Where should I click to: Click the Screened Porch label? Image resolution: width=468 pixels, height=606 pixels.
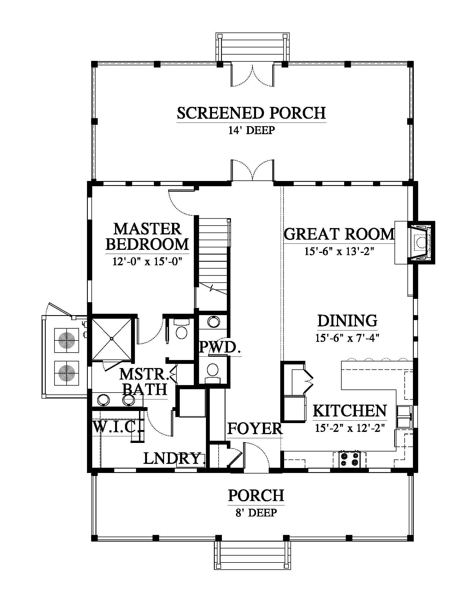point(251,113)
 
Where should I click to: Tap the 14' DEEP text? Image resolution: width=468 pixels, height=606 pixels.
point(251,130)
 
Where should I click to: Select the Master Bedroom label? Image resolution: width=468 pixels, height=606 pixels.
point(147,237)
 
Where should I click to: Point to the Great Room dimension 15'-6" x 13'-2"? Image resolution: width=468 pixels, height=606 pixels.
point(339,251)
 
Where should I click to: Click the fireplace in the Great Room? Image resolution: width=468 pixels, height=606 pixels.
point(421,242)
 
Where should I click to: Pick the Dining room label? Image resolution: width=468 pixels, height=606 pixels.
point(347,321)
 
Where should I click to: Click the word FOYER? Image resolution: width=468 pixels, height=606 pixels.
point(255,429)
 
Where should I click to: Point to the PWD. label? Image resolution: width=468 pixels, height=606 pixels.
point(220,347)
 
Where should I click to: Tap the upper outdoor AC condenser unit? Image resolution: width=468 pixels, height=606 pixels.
point(66,340)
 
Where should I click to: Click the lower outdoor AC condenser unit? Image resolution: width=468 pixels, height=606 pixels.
point(66,373)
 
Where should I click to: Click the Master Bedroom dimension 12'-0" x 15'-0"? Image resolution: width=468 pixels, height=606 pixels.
point(147,261)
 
